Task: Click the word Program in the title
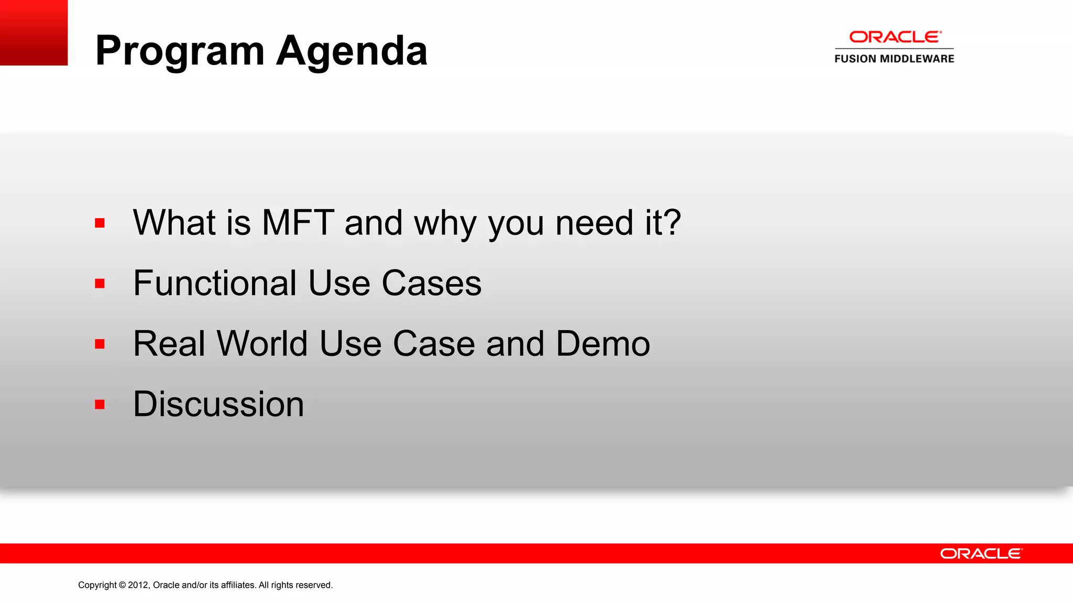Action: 180,51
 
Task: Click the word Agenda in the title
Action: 352,51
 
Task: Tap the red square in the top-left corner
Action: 34,33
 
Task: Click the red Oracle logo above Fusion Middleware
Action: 895,37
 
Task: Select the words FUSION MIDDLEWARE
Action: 894,59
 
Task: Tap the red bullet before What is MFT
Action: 100,223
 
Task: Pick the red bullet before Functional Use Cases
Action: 100,284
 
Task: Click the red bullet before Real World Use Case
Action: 100,344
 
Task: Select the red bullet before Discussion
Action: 100,404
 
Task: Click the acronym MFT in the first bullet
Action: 298,222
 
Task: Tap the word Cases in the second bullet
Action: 431,283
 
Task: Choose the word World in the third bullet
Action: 262,343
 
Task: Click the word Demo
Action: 603,343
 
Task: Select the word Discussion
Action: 218,404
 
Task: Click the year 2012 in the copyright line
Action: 139,585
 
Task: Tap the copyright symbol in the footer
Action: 123,585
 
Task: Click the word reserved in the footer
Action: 314,585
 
